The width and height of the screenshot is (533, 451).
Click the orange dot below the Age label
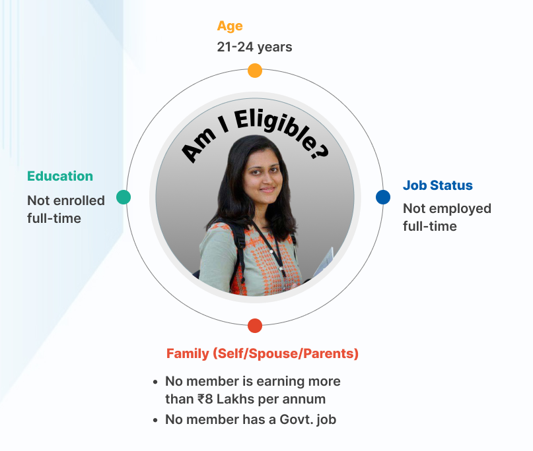tap(255, 71)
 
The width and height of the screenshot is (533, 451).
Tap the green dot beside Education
tap(124, 197)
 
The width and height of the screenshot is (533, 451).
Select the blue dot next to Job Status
tap(383, 197)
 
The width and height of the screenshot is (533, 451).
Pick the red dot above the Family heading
tap(255, 326)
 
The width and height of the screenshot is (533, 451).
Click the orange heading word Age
tap(230, 26)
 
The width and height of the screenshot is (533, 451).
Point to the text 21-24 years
tap(254, 47)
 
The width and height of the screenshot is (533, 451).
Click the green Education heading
tap(60, 176)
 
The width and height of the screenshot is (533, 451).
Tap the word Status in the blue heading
tap(451, 185)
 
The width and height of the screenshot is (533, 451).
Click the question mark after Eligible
tap(320, 151)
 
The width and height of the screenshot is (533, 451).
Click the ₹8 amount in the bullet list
tap(205, 399)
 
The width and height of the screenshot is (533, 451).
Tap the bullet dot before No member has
tap(155, 420)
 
